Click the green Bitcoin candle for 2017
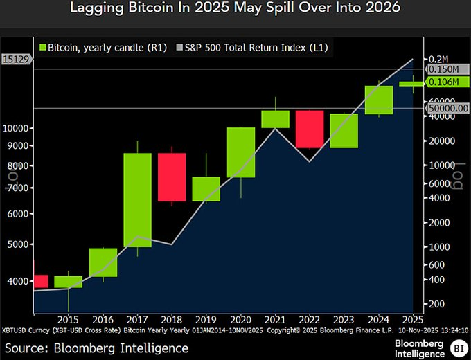[x=137, y=199]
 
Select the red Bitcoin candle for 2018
[x=172, y=177]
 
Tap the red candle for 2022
[x=309, y=129]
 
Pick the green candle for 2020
[x=240, y=152]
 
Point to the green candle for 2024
[x=378, y=100]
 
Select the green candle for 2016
[x=103, y=262]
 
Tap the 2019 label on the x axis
[x=206, y=320]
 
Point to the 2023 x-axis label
[x=344, y=320]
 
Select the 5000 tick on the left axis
[x=19, y=245]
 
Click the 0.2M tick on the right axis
[x=440, y=59]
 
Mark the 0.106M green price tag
[x=444, y=82]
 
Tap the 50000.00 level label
[x=448, y=108]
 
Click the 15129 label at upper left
[x=15, y=60]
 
